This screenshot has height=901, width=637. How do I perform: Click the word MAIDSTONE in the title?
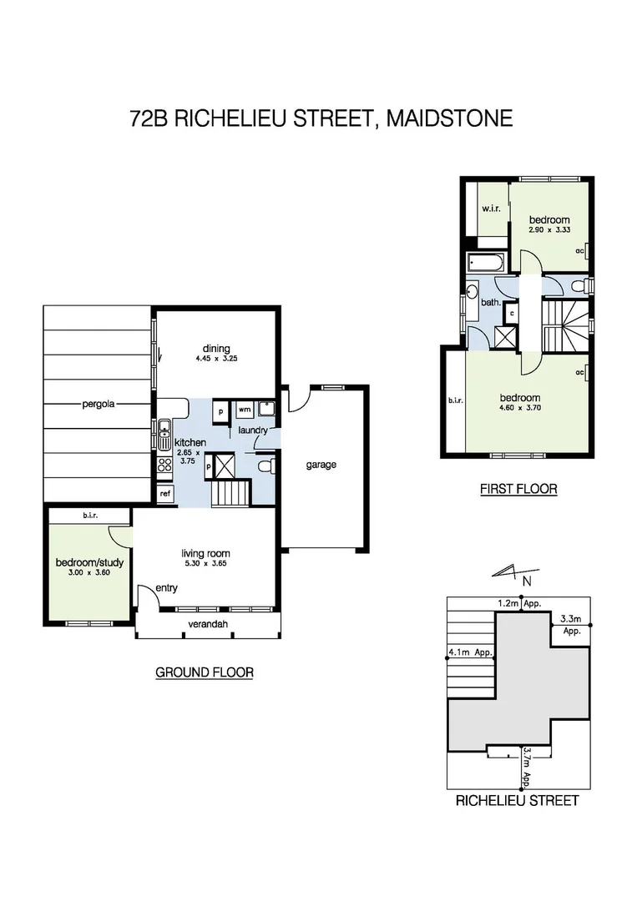tap(452, 119)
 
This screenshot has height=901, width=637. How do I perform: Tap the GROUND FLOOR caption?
tap(205, 672)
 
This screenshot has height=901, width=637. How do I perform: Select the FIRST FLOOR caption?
tap(518, 489)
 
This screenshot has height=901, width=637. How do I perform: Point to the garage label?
tap(321, 465)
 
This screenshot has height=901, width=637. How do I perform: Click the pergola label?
tap(98, 405)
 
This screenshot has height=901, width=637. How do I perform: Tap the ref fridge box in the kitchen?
tap(165, 494)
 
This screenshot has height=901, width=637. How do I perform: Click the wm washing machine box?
tap(244, 410)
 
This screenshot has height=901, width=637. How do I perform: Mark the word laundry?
tap(252, 430)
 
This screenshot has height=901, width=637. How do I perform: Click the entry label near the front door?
tap(167, 588)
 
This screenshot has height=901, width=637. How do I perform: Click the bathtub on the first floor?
tap(484, 262)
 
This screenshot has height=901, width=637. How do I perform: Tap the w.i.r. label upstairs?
tap(490, 209)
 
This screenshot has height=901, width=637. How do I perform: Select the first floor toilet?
tap(579, 286)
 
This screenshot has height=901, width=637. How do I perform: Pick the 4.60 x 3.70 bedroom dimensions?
tap(519, 409)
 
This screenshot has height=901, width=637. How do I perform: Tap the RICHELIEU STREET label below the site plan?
tap(517, 801)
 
